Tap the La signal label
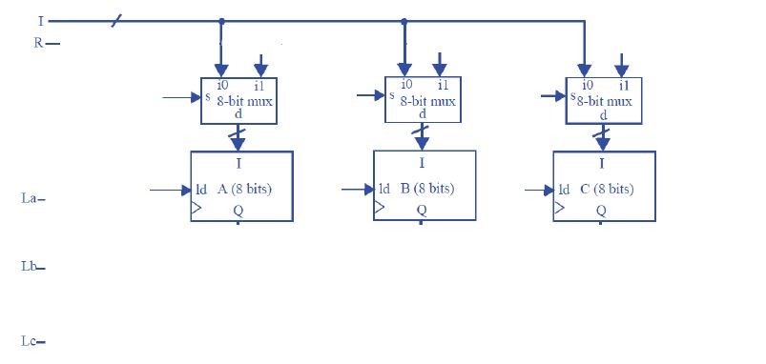click(x=29, y=199)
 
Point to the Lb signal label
click(x=29, y=268)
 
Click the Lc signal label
click(x=29, y=341)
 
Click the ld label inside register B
click(x=383, y=189)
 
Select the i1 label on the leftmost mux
click(x=259, y=87)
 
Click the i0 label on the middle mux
click(x=405, y=86)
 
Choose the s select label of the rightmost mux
click(x=573, y=96)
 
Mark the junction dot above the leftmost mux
click(x=221, y=20)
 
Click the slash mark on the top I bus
click(x=115, y=20)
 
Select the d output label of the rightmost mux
click(x=603, y=115)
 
